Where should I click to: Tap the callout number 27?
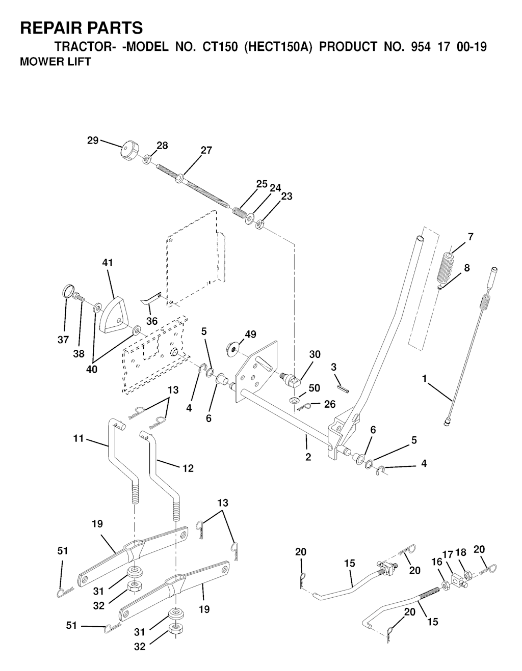206,150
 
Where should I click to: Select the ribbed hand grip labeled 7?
446,267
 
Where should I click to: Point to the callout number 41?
108,263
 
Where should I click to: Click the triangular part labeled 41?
115,315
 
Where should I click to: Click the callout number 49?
250,334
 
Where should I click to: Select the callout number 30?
315,354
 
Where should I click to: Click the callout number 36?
152,321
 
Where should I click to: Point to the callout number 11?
79,438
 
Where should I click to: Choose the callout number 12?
188,468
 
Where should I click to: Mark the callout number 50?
315,388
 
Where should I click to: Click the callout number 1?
425,379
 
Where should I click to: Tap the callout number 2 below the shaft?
308,457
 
